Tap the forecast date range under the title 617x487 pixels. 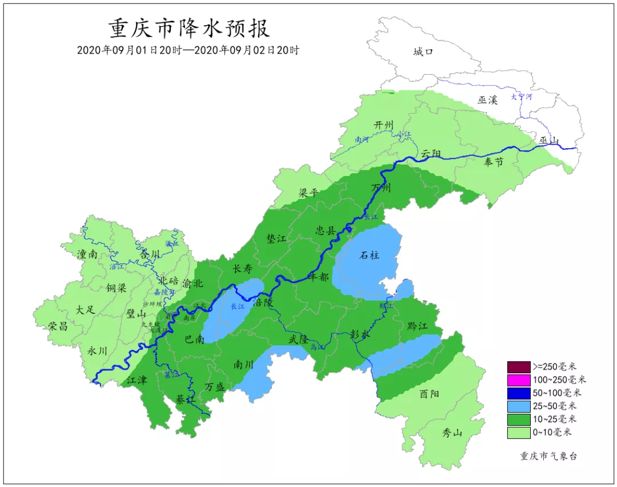pyautogui.click(x=189, y=50)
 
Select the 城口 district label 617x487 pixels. pyautogui.click(x=423, y=52)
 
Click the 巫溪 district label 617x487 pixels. pyautogui.click(x=488, y=100)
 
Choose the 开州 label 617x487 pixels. pyautogui.click(x=384, y=125)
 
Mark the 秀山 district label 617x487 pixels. pyautogui.click(x=452, y=433)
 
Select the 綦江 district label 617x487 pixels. pyautogui.click(x=186, y=399)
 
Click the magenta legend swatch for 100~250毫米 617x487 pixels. pyautogui.click(x=519, y=380)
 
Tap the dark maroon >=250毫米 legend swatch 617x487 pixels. pyautogui.click(x=519, y=366)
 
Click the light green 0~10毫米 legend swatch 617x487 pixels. pyautogui.click(x=519, y=433)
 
